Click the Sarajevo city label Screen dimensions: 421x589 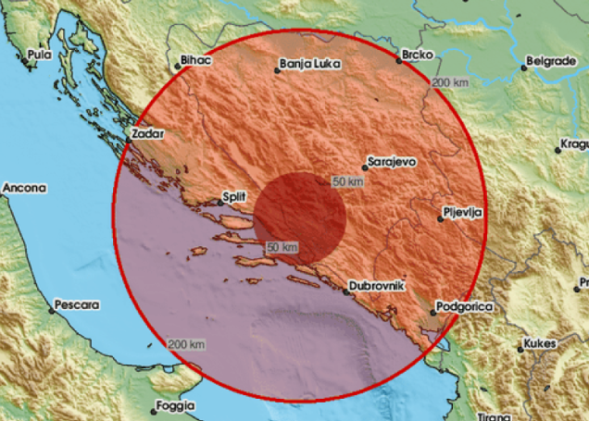392,161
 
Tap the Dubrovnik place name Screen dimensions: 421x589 377,287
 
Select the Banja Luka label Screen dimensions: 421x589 308,66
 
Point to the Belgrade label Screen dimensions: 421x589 550,62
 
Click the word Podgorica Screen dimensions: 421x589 467,305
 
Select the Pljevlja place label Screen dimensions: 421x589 463,214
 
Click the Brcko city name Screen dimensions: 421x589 418,56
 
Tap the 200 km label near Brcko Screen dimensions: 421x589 449,83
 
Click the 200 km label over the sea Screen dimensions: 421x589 186,344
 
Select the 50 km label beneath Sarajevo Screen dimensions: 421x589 347,182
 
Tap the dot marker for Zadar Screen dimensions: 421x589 132,134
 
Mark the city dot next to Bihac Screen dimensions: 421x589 177,65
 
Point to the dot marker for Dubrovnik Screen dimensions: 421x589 345,291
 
